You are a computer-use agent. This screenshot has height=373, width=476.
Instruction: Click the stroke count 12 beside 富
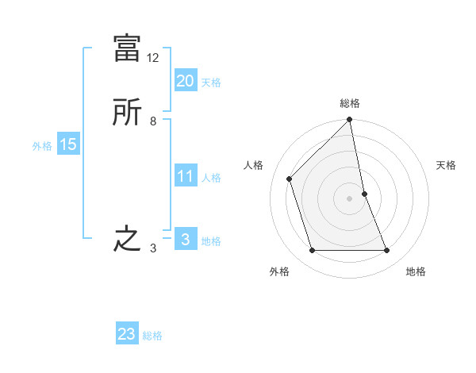coord(153,58)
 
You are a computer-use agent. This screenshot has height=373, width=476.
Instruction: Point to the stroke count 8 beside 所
coord(152,121)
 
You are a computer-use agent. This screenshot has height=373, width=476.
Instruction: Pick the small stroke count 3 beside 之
coord(152,248)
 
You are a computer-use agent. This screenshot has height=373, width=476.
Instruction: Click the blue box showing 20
coord(185,81)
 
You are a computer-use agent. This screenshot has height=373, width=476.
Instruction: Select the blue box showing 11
coord(185,177)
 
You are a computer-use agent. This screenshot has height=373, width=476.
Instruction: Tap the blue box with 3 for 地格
coord(185,240)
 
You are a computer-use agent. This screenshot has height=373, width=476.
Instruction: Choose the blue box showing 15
coord(67,145)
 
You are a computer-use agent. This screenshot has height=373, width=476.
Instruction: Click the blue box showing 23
coord(127,334)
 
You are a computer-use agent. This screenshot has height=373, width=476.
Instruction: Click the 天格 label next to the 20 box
coord(211,83)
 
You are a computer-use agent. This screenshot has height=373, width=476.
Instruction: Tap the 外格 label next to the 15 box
coord(42,146)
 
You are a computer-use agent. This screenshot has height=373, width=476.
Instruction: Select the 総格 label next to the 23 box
coord(152,336)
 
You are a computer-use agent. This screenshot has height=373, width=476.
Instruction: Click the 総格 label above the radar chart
coord(350,103)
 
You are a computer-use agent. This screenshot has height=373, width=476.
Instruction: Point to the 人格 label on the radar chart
coord(254,165)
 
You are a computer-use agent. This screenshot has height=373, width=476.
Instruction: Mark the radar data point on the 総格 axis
coord(350,121)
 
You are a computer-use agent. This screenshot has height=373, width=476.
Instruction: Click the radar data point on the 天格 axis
coord(365,194)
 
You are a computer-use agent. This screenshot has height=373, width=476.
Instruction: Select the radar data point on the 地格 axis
coord(387,251)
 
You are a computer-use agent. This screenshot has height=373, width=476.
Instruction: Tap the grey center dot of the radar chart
coord(350,198)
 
